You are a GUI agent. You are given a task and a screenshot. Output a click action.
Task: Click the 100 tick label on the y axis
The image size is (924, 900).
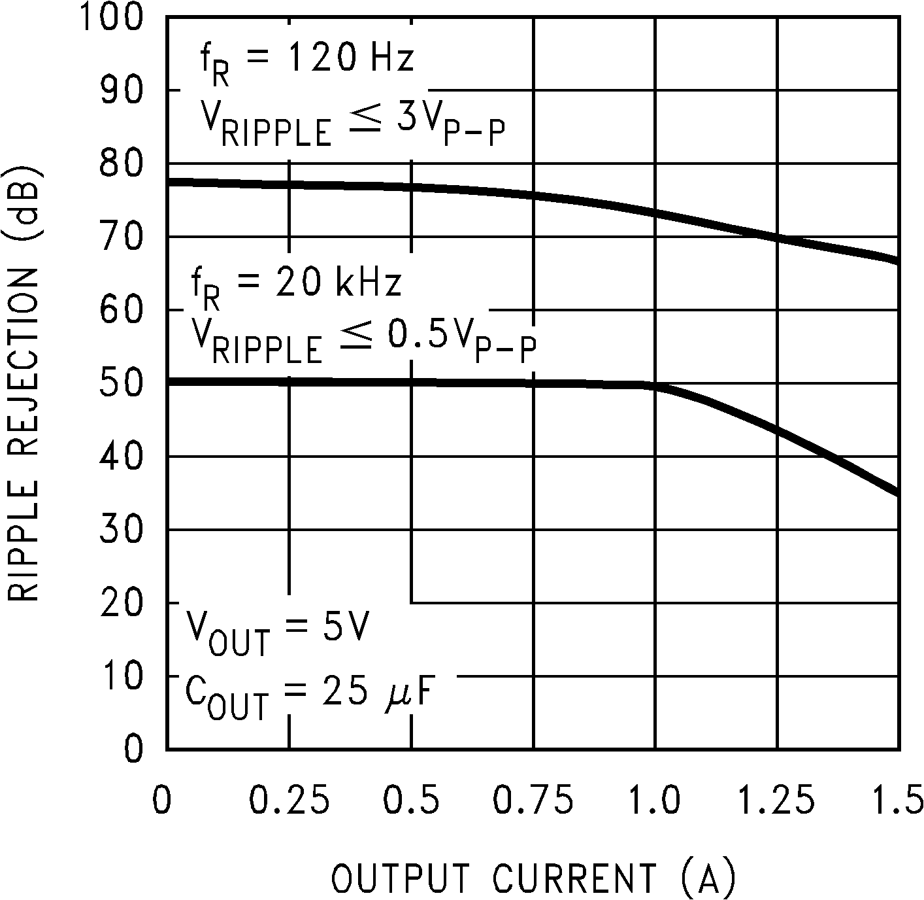(110, 18)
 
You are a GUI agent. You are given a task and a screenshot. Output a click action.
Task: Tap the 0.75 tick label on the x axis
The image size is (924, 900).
(534, 801)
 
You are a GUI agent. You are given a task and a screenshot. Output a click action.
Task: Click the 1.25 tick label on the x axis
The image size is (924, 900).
(778, 801)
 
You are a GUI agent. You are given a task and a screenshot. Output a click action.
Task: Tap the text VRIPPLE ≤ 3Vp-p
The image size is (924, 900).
(353, 124)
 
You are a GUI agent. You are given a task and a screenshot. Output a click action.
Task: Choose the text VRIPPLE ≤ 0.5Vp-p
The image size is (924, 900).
(363, 341)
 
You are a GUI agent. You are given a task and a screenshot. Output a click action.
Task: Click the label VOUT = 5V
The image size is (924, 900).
(278, 632)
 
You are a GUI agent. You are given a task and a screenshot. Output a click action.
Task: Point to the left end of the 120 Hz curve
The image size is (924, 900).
(170, 182)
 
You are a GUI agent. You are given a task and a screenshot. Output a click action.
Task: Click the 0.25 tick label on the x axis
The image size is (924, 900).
(289, 801)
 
